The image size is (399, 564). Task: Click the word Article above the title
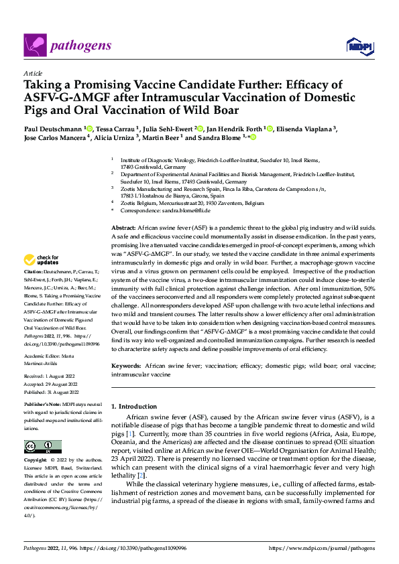[x=33, y=73]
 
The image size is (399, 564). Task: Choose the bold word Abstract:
[x=123, y=228]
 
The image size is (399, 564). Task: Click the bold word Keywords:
[x=126, y=366]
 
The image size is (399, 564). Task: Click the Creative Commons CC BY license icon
[x=43, y=446]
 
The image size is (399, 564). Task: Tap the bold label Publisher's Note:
[x=42, y=407]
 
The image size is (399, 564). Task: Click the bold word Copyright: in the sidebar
[x=36, y=461]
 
